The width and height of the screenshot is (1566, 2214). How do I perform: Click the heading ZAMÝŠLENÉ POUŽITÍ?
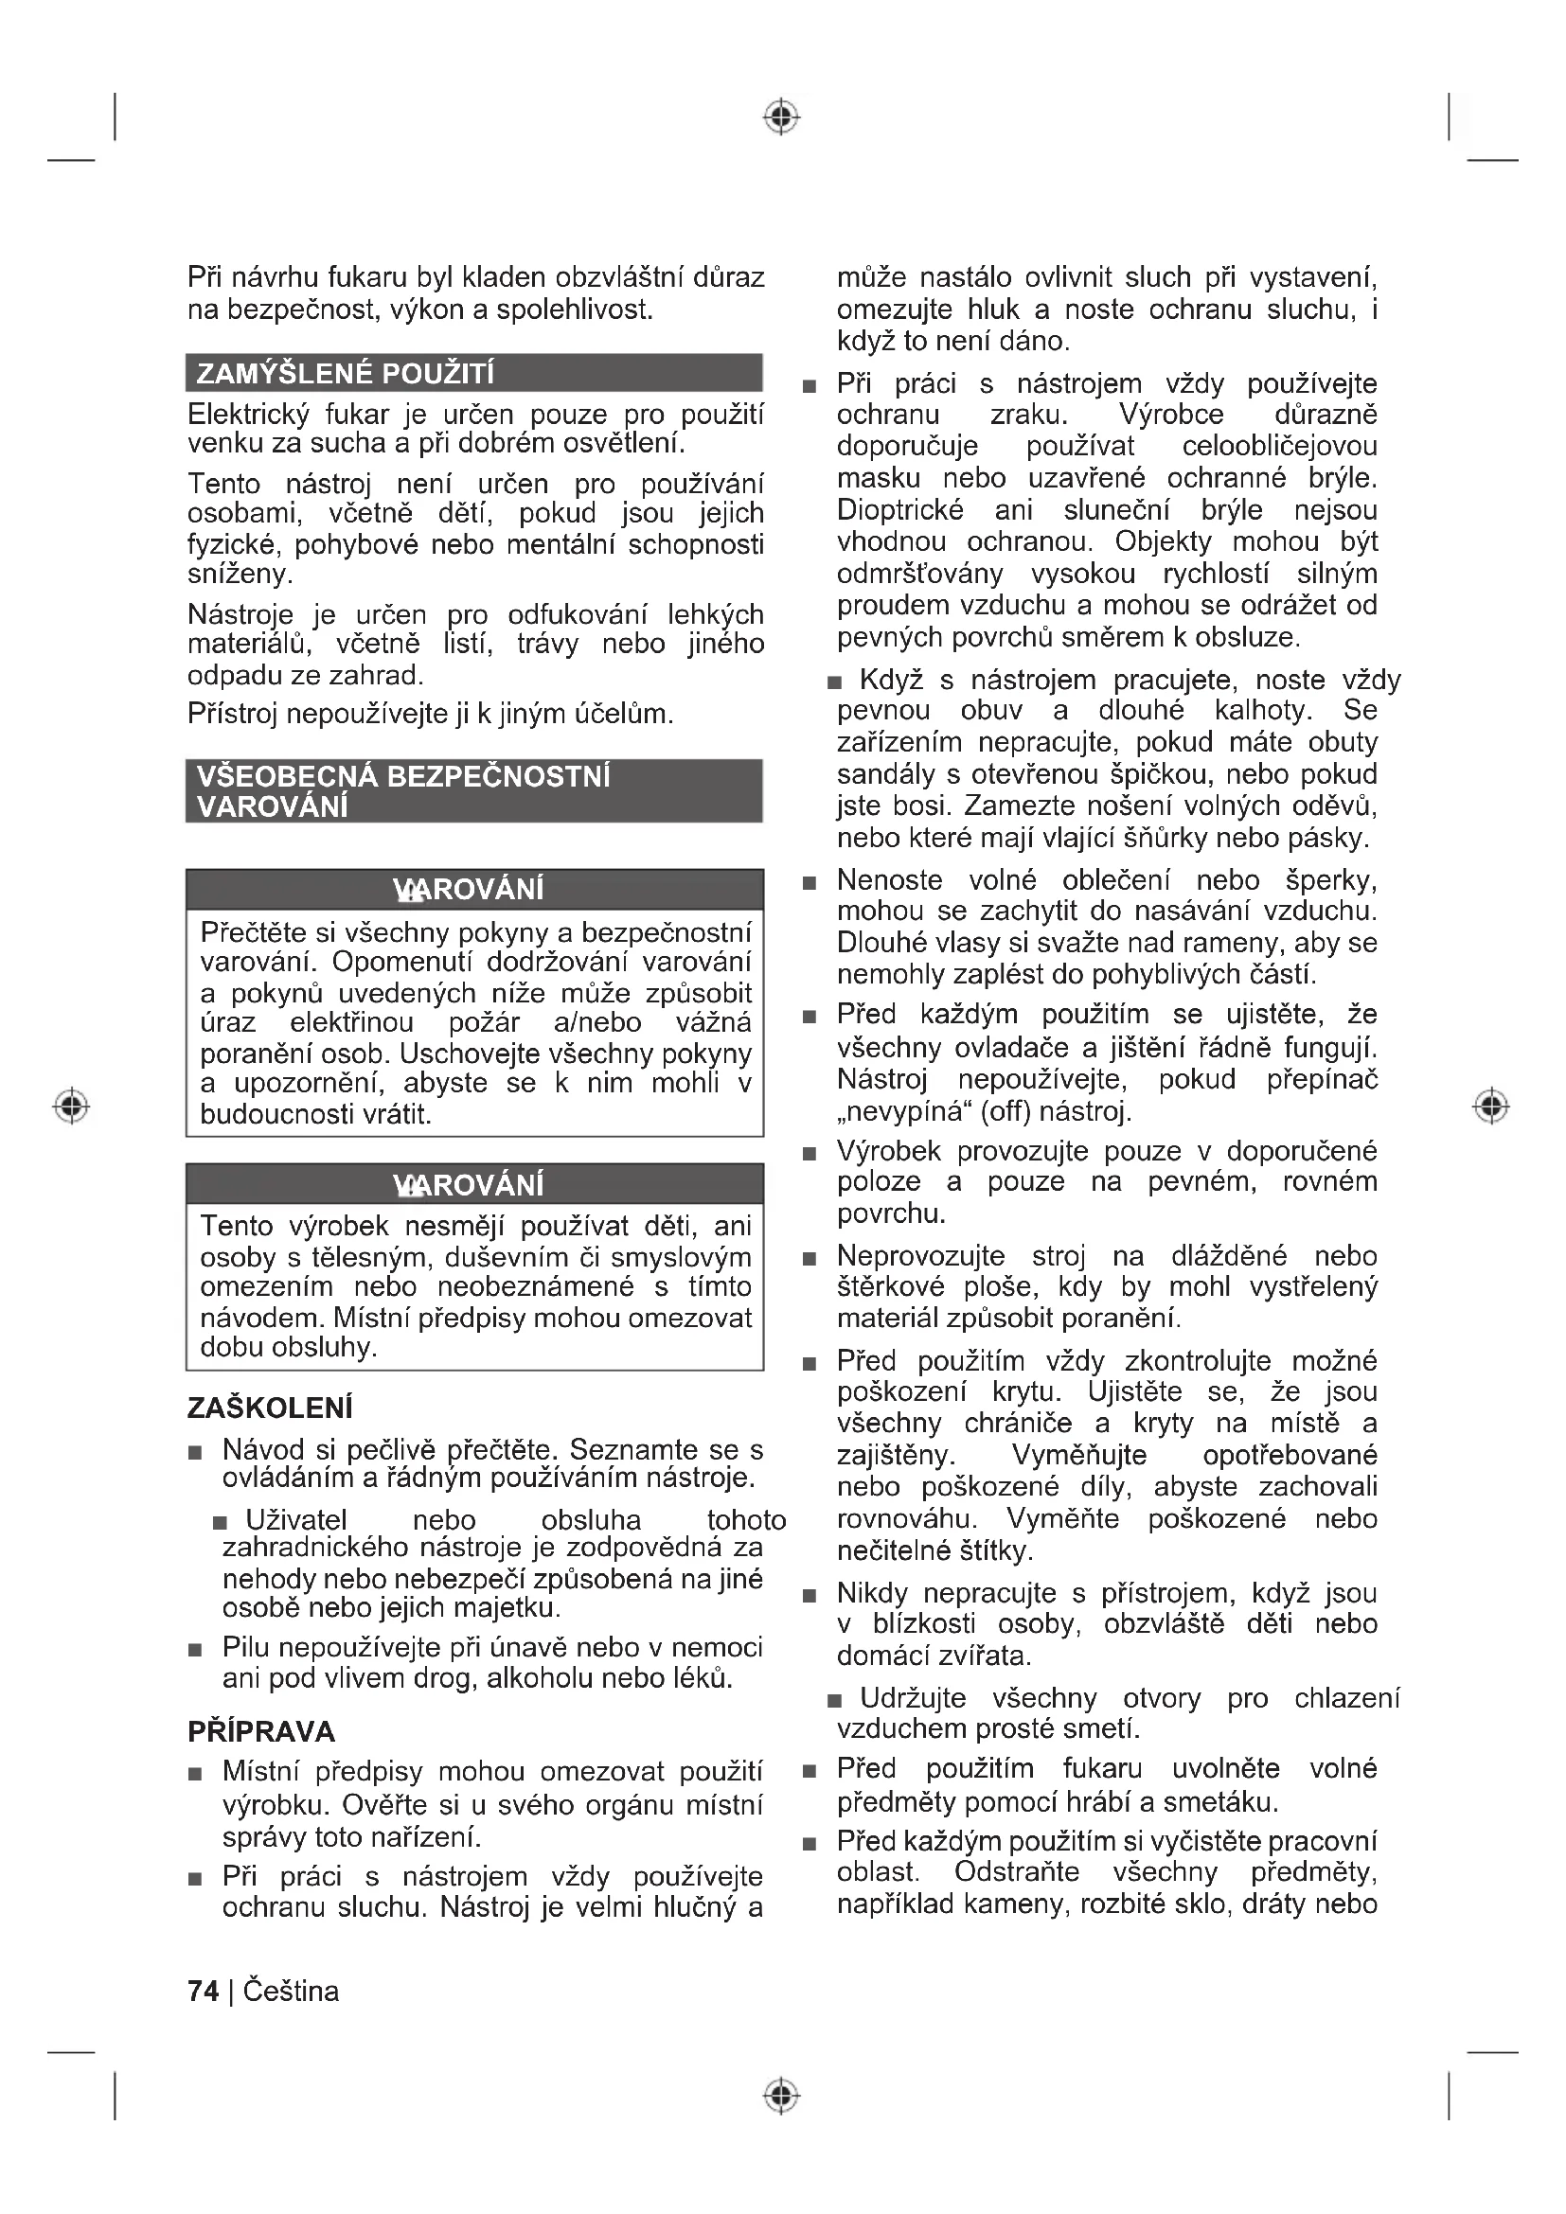345,373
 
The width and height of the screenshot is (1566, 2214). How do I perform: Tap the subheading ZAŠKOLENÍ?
270,1408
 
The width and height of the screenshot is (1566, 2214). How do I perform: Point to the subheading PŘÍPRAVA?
261,1731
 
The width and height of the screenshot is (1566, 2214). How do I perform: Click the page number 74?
203,1991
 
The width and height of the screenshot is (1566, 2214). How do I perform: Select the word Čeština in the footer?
291,1991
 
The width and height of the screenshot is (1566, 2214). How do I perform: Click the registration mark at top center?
782,116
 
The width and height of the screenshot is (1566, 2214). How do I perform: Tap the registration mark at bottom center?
782,2096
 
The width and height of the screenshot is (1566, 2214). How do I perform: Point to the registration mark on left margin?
71,1105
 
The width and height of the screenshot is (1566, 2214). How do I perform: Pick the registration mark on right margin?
1491,1105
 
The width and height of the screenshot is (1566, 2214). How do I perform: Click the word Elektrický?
248,415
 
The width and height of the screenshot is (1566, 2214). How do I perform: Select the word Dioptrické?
899,509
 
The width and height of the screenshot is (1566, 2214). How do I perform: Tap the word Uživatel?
296,1520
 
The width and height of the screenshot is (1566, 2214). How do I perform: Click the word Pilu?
247,1646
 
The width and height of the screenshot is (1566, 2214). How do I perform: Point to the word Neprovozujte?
920,1255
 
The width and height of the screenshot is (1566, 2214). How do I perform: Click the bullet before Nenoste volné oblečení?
810,882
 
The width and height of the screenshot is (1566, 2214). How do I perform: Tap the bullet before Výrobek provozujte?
810,1153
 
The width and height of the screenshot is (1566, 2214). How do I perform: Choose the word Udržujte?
912,1697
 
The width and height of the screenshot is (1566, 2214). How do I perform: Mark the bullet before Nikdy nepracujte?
810,1596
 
